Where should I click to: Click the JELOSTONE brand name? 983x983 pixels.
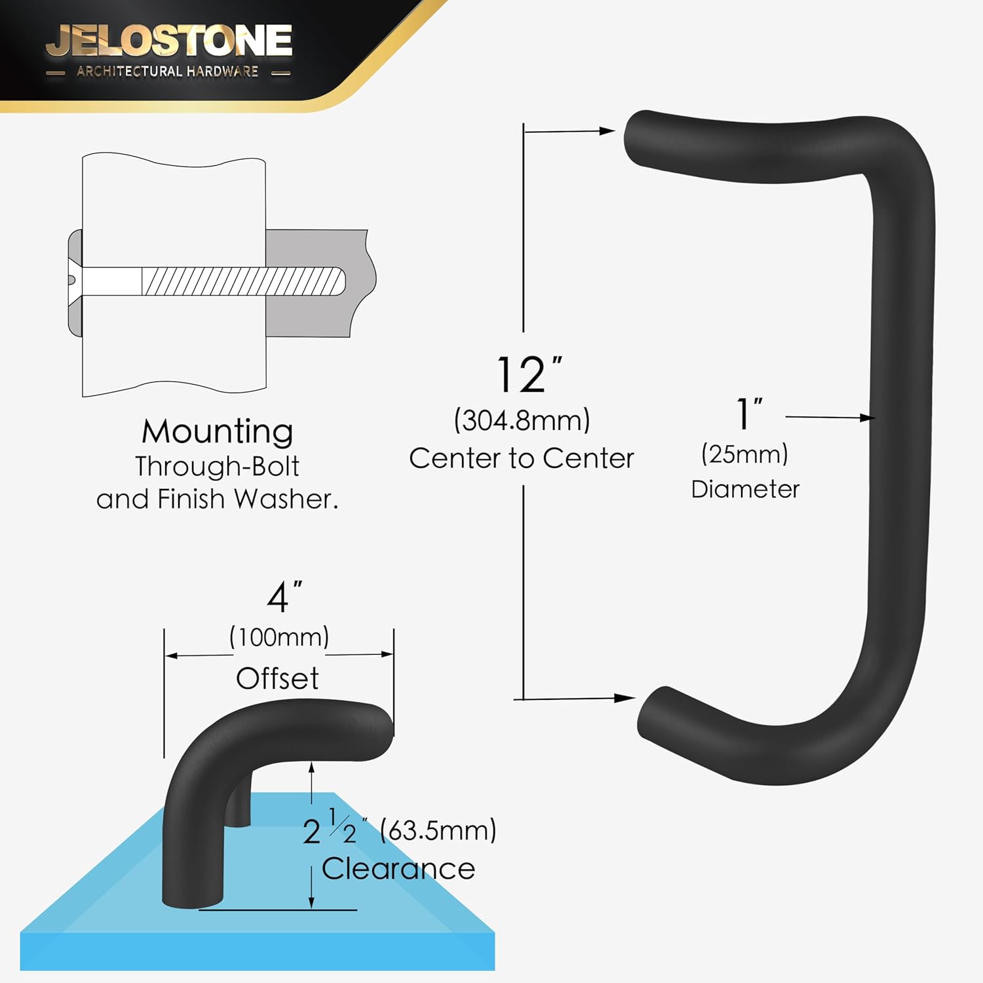[169, 41]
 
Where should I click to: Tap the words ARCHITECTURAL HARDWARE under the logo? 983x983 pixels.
[167, 71]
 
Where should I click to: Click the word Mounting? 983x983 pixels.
[218, 432]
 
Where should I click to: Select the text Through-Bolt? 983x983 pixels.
[217, 467]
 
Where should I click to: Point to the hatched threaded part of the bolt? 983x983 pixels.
[242, 282]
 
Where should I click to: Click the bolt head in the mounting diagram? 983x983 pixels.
[75, 281]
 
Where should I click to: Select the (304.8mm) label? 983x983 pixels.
[522, 420]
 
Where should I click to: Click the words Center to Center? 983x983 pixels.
[522, 458]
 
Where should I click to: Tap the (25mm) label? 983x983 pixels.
[744, 454]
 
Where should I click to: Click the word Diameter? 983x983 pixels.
[745, 490]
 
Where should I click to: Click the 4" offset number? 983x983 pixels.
[283, 597]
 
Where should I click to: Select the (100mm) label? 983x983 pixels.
[279, 637]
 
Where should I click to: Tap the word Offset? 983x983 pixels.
[277, 678]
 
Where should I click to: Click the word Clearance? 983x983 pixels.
[398, 869]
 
